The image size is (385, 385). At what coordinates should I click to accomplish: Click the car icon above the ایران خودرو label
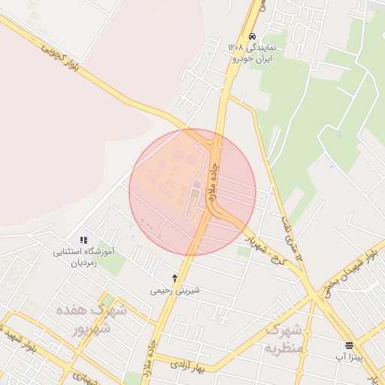252,35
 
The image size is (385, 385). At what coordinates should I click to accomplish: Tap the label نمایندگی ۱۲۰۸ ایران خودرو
253,52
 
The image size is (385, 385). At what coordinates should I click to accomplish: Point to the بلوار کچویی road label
63,61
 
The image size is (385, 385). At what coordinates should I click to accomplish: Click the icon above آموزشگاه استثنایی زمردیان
83,239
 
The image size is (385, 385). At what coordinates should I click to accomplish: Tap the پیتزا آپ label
349,357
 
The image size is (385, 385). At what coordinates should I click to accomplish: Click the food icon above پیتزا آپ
349,346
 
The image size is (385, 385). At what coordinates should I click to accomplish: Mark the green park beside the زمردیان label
113,264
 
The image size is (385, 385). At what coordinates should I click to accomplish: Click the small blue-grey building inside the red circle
197,184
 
